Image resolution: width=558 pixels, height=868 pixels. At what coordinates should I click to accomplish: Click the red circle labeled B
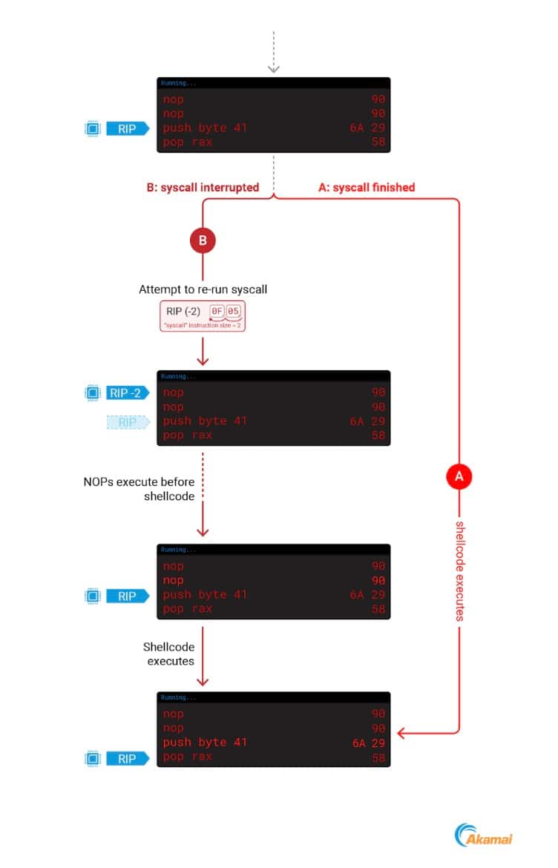click(x=203, y=241)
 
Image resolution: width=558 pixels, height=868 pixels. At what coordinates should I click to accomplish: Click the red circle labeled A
click(x=459, y=476)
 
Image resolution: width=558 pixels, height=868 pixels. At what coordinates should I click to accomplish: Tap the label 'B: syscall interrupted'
click(x=203, y=188)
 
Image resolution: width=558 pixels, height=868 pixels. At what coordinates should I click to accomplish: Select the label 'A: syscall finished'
click(x=367, y=188)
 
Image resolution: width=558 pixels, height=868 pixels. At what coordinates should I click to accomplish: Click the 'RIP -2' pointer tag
click(x=127, y=393)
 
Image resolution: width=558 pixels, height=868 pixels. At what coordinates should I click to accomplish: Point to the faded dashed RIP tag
click(x=128, y=421)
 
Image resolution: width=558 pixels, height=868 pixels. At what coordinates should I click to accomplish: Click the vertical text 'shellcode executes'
click(x=459, y=570)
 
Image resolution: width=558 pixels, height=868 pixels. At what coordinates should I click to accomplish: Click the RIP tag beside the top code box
click(x=127, y=129)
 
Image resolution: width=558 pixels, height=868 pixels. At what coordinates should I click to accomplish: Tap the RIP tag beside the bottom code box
click(x=127, y=758)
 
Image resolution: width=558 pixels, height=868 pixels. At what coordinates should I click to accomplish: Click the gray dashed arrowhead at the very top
click(x=274, y=68)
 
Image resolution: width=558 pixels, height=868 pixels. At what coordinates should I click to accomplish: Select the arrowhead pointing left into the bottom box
click(x=401, y=734)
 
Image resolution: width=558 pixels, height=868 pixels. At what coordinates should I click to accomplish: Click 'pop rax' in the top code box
click(x=187, y=142)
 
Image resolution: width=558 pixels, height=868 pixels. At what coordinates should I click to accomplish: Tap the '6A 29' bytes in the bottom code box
click(x=370, y=743)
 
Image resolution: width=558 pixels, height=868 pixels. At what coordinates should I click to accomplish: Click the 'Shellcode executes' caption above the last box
click(x=169, y=654)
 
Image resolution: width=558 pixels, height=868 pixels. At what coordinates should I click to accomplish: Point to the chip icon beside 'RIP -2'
click(x=93, y=393)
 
